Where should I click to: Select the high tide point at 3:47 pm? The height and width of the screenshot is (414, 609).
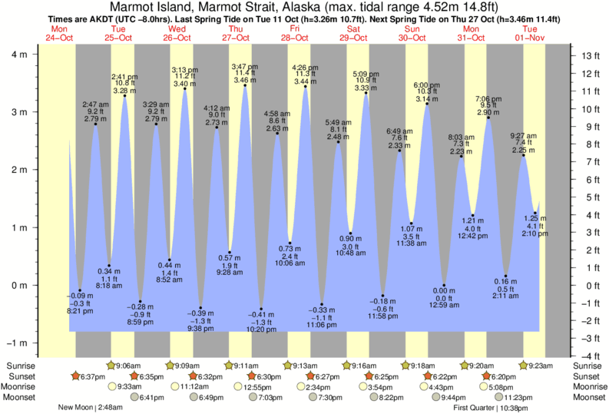[245, 85]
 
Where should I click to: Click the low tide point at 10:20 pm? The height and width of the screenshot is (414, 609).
[261, 309]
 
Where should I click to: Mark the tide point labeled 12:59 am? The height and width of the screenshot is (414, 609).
[444, 285]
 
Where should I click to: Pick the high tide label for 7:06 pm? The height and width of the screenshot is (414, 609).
[488, 106]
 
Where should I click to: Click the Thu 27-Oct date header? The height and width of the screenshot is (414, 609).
[237, 32]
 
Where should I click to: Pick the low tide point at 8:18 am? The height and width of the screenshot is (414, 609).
[109, 266]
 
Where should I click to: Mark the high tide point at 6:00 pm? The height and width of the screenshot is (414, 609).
[427, 104]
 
